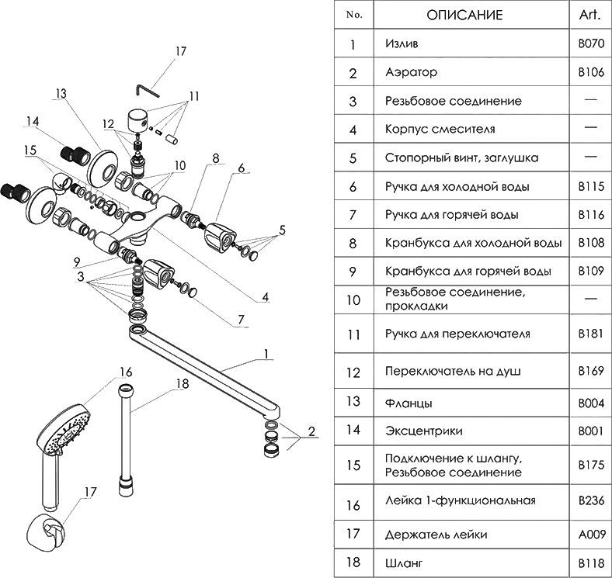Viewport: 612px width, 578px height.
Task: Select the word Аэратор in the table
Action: (x=411, y=72)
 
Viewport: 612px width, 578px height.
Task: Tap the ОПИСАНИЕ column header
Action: (x=464, y=15)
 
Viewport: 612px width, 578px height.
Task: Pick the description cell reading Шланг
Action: (x=402, y=561)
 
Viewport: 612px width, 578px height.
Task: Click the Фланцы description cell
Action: (x=409, y=403)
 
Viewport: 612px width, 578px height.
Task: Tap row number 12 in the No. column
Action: (x=353, y=372)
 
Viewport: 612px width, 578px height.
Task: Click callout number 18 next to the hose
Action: (x=182, y=383)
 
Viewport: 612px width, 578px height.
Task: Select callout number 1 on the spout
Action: (x=266, y=354)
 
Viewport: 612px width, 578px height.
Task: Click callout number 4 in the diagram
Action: (x=266, y=298)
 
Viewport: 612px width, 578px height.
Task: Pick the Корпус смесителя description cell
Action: (x=440, y=129)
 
